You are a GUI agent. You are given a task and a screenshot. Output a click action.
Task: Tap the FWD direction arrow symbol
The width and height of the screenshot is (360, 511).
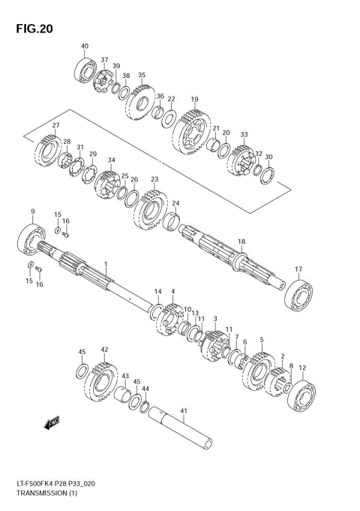tap(52, 424)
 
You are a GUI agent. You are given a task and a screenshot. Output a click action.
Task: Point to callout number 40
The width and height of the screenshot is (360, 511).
tap(84, 47)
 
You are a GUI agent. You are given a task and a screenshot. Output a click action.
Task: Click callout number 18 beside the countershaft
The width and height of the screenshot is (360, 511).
tap(241, 242)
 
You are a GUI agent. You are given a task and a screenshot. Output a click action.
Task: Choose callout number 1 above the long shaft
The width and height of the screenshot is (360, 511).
tap(106, 263)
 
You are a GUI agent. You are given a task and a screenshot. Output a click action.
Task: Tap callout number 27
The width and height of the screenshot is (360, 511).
tap(55, 125)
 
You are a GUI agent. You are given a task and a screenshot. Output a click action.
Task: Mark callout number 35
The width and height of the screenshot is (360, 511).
tap(142, 75)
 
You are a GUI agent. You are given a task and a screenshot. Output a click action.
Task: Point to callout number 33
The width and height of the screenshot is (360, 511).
tap(244, 134)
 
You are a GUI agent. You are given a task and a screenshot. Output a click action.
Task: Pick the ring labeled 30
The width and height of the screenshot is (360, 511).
tap(266, 176)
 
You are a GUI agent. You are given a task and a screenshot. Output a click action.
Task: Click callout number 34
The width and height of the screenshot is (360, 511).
tap(112, 160)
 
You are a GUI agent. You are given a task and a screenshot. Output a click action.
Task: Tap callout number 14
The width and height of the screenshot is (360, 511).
tap(158, 291)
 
